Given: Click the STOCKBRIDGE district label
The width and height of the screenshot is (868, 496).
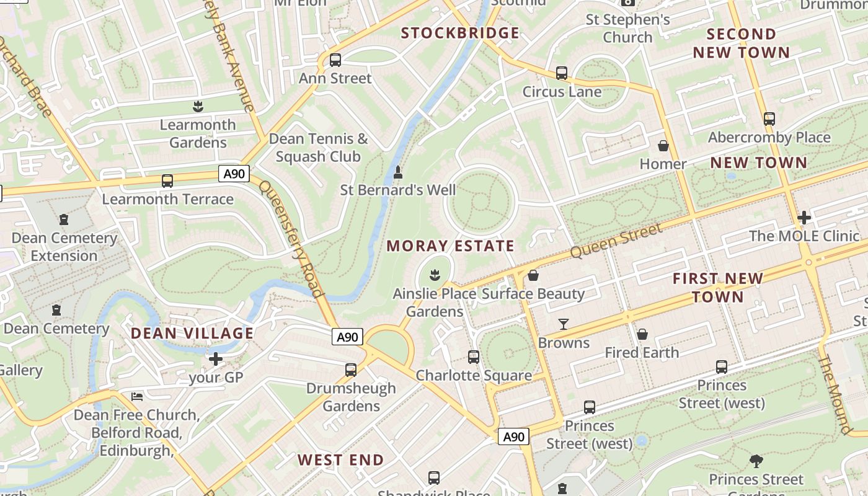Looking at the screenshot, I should pyautogui.click(x=460, y=33).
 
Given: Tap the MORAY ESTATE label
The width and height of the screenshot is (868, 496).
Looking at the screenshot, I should pyautogui.click(x=451, y=246).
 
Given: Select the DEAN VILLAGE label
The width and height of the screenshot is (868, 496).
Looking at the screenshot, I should pyautogui.click(x=192, y=334).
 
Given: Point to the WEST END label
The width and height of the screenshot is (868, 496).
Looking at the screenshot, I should pyautogui.click(x=341, y=460).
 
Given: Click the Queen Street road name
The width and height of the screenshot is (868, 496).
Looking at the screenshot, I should pyautogui.click(x=616, y=242).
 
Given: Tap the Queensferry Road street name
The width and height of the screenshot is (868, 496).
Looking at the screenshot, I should pyautogui.click(x=291, y=239).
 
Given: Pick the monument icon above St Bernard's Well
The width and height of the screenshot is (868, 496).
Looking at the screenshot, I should pyautogui.click(x=398, y=172).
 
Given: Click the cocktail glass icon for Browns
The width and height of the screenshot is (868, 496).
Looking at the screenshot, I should pyautogui.click(x=564, y=324).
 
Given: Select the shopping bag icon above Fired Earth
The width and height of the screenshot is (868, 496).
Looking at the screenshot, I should pyautogui.click(x=642, y=334).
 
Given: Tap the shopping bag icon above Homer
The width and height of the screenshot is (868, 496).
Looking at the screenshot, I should pyautogui.click(x=663, y=146).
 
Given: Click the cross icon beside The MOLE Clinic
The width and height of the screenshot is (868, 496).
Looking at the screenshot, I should pyautogui.click(x=804, y=218).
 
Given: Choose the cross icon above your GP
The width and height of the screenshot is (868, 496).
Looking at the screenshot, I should pyautogui.click(x=216, y=358).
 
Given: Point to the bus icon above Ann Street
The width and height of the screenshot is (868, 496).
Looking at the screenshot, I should pyautogui.click(x=335, y=60).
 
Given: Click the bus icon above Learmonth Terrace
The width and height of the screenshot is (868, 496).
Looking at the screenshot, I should pyautogui.click(x=167, y=181).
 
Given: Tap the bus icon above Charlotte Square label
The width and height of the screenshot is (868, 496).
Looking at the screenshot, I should pyautogui.click(x=474, y=357).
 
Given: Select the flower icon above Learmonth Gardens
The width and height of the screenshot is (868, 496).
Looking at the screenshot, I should pyautogui.click(x=198, y=106).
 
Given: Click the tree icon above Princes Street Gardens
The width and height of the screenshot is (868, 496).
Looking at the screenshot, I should pyautogui.click(x=756, y=461).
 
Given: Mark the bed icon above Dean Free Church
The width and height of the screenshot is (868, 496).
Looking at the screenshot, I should pyautogui.click(x=137, y=396).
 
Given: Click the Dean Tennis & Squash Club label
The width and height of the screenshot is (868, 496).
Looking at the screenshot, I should pyautogui.click(x=319, y=148).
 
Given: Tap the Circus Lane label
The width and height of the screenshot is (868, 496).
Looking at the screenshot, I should pyautogui.click(x=562, y=92).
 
